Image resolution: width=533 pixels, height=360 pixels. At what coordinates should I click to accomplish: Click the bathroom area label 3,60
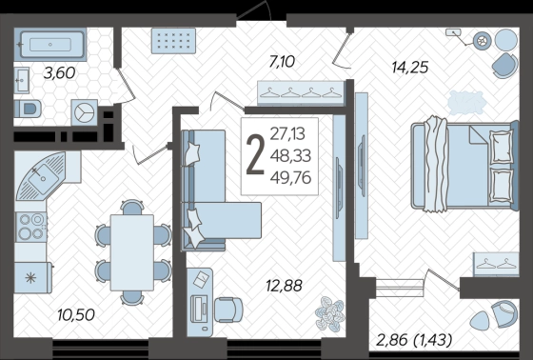tap(59, 73)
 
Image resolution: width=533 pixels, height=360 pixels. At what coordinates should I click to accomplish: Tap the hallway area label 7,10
tap(282, 62)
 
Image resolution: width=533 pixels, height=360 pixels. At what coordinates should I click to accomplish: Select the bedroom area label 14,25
tap(410, 67)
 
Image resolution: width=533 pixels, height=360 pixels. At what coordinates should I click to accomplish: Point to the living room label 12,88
tap(285, 286)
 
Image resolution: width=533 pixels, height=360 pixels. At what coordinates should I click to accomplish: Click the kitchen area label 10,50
tap(76, 314)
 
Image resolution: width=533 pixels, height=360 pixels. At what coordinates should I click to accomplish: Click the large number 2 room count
tap(255, 155)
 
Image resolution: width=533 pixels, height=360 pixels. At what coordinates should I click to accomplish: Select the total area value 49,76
tap(291, 178)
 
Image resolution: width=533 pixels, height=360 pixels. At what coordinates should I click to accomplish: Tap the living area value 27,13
tap(287, 133)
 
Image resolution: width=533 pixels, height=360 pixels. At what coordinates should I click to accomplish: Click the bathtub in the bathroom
tap(50, 45)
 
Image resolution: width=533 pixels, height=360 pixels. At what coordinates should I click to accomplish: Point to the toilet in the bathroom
tap(28, 109)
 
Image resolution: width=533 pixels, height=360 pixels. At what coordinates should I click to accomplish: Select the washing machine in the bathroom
tap(84, 112)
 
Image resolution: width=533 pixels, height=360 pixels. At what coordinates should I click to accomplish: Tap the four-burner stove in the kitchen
tap(30, 227)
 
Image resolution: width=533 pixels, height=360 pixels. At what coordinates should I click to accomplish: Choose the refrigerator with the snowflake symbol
tap(33, 277)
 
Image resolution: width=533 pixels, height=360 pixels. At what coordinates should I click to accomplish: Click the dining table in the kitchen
tap(132, 252)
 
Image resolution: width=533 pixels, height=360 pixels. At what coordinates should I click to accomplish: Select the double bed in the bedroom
tap(464, 165)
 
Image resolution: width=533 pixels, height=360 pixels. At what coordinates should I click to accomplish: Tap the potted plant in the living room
tap(329, 313)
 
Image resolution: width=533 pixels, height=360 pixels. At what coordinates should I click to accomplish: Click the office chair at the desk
tap(228, 310)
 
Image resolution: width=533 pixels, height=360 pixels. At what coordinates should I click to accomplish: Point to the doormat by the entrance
tap(173, 41)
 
